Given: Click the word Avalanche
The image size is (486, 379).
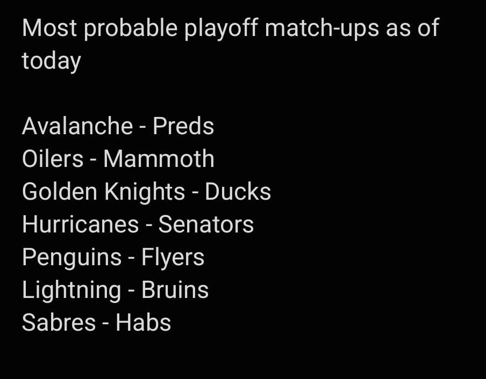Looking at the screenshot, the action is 77,126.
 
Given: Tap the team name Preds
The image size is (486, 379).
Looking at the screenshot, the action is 183,126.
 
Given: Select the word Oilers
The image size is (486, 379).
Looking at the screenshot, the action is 53,159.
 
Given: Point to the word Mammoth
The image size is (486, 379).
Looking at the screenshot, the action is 159,159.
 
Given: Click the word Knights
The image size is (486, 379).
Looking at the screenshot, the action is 145,192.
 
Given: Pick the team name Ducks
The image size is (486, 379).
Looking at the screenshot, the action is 238,192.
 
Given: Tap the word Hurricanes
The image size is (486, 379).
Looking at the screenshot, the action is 80,224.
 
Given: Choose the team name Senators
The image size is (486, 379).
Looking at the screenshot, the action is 206,224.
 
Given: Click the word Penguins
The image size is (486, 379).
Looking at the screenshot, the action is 72,258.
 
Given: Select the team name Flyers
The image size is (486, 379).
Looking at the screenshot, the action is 173,258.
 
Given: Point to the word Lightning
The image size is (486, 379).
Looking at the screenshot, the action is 72,290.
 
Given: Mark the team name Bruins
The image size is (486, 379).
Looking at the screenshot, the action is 175,290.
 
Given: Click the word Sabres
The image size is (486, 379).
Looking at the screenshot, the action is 59,323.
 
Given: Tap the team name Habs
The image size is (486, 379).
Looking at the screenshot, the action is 143,323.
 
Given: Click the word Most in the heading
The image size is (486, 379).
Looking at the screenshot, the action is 49,28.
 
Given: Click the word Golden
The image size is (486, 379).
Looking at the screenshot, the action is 60,192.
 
